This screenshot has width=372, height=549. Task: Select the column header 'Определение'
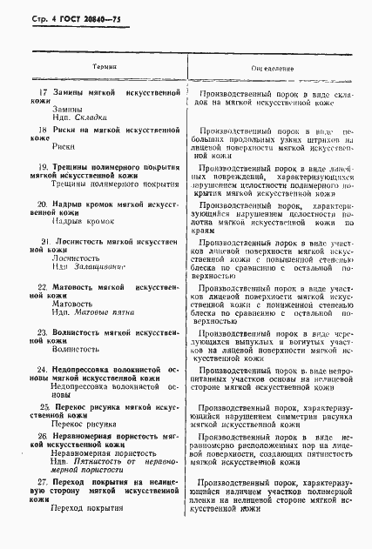click(x=272, y=67)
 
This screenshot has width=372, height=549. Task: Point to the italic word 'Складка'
click(x=91, y=117)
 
